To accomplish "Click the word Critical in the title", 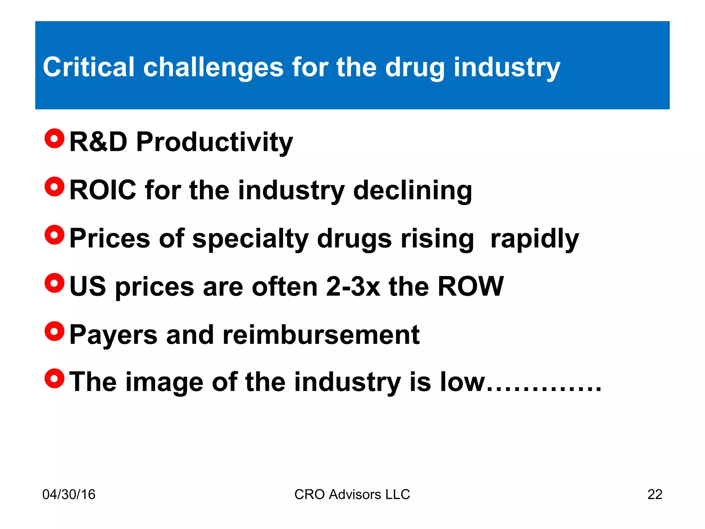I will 88,67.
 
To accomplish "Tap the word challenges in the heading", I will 213,68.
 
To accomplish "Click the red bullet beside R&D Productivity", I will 54,139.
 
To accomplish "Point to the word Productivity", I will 214,143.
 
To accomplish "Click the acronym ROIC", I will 103,190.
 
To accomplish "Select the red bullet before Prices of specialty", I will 54,235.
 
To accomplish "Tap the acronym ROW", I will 470,287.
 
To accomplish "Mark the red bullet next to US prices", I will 54,283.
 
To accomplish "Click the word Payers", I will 113,335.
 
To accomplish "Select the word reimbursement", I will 321,335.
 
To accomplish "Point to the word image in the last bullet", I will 164,382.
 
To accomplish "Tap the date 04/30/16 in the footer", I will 69,495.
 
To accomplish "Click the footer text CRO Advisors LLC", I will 352,495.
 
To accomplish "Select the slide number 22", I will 655,495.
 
